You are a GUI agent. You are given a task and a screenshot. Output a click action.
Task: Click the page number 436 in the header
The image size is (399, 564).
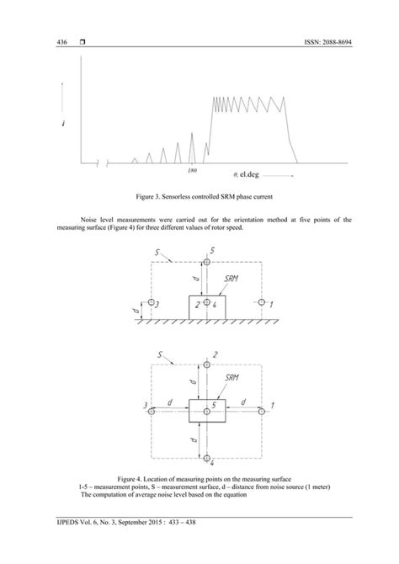tap(61, 41)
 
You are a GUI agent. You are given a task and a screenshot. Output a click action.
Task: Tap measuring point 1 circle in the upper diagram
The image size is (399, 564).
tap(262, 301)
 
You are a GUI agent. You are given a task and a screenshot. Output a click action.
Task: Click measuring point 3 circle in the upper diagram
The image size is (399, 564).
tap(151, 301)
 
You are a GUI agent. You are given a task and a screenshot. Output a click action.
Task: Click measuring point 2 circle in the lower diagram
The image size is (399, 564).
tap(206, 365)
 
